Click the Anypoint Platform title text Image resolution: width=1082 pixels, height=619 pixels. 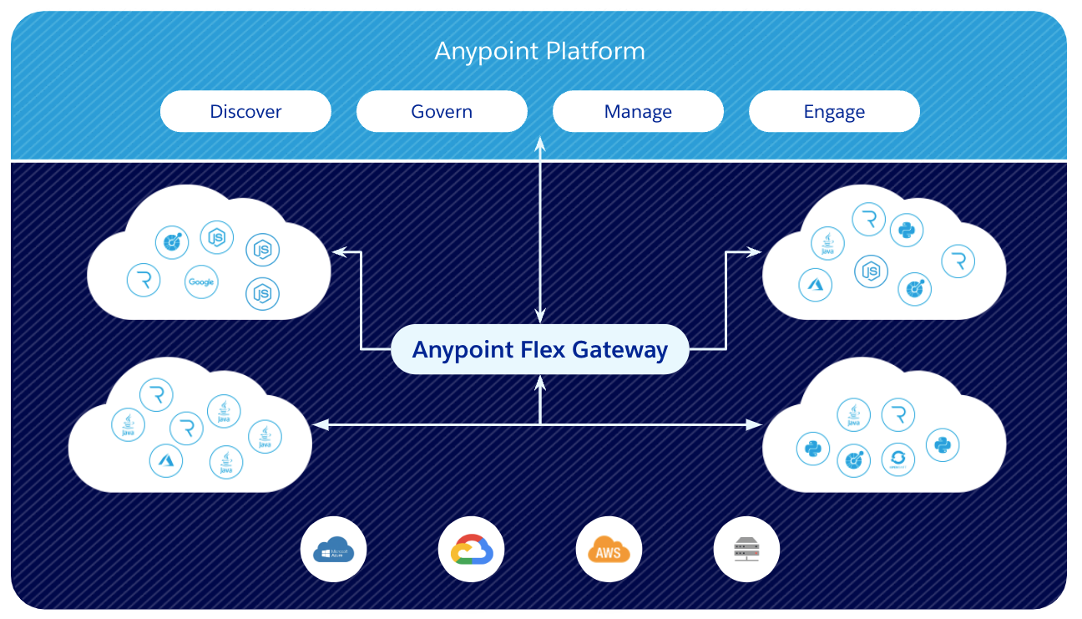pos(539,51)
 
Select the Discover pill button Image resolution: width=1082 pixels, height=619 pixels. pos(245,111)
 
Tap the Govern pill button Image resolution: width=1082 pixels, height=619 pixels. pos(442,111)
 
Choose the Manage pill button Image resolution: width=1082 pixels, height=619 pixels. pos(638,111)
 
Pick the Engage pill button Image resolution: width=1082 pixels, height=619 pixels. pos(834,111)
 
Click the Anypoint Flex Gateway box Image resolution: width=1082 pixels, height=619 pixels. pos(540,349)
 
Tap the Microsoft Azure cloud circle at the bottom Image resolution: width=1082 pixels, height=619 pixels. pos(333,549)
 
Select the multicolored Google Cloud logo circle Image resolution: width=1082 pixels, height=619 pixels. pos(471,549)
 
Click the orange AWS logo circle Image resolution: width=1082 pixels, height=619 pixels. pos(609,549)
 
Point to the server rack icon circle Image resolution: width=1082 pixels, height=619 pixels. pos(746,549)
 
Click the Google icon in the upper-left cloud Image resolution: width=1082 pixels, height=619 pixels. pos(201,282)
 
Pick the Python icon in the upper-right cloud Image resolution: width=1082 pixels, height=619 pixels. pos(906,231)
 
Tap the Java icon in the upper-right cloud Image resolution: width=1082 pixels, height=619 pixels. pos(827,244)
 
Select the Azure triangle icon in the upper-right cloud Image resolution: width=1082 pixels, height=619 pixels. pos(815,285)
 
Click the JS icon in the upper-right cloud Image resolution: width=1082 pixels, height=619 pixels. pos(871,271)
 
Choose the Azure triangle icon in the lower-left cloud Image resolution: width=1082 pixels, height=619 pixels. pos(166,460)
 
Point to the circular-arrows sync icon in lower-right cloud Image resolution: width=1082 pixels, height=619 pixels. pos(898,459)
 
